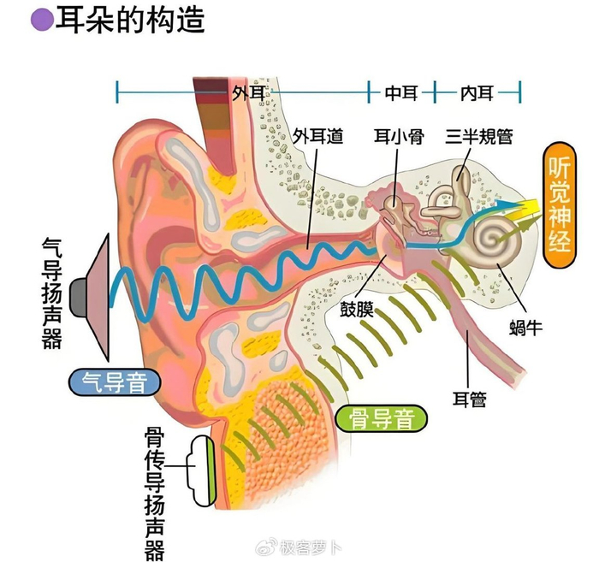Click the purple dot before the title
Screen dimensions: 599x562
pyautogui.click(x=43, y=20)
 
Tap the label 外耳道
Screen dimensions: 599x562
pyautogui.click(x=317, y=136)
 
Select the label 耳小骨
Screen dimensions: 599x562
pyautogui.click(x=399, y=136)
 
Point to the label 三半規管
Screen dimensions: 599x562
pyautogui.click(x=478, y=136)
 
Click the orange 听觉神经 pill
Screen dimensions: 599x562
pyautogui.click(x=560, y=205)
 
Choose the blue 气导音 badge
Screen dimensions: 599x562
pyautogui.click(x=114, y=382)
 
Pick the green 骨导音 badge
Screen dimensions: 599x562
pyautogui.click(x=381, y=419)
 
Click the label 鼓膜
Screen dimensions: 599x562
pyautogui.click(x=357, y=309)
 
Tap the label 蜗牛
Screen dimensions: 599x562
pyautogui.click(x=525, y=328)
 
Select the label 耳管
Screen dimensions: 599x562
pyautogui.click(x=470, y=399)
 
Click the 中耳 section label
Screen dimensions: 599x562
pyautogui.click(x=401, y=92)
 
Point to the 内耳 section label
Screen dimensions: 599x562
pyautogui.click(x=477, y=92)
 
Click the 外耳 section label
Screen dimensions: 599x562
pyautogui.click(x=249, y=92)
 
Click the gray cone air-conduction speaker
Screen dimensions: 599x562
pyautogui.click(x=90, y=297)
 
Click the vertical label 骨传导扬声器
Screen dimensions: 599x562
pyautogui.click(x=154, y=494)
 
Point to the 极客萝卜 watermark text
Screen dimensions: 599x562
pyautogui.click(x=310, y=547)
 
